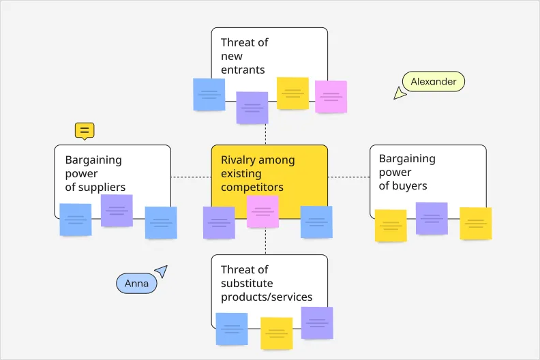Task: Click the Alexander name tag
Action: coord(433,82)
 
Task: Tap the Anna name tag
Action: coord(136,284)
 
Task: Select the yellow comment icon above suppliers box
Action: coord(85,130)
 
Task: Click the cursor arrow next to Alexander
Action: coord(400,93)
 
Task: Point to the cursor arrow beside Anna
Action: coord(161,271)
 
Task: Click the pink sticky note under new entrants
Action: coord(331,97)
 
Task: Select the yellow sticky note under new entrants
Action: coord(292,93)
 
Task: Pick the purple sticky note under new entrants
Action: coord(252,108)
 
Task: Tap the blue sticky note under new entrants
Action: coord(209,95)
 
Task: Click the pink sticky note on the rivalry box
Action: coord(262,211)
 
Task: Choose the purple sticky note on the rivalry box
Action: coord(219,223)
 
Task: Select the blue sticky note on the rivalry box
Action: coord(316,222)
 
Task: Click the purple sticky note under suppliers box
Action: coord(117,211)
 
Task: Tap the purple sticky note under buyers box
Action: coord(432,218)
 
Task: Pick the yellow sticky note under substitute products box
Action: coord(276,333)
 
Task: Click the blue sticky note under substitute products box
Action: coord(232,329)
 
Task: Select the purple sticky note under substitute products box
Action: coord(317,323)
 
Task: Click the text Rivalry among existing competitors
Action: coord(258,174)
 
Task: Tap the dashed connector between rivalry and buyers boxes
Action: coord(348,177)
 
